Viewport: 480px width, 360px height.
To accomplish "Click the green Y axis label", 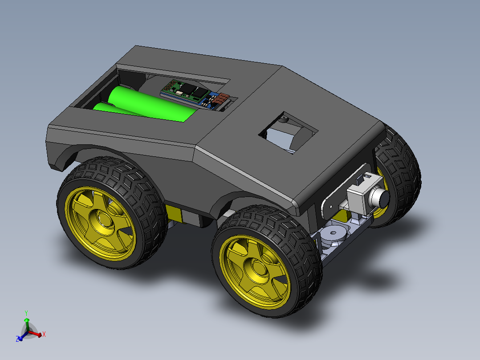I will (x=26, y=313).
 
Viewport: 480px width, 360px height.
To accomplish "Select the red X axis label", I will (x=44, y=334).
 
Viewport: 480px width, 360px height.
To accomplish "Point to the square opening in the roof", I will (x=288, y=132).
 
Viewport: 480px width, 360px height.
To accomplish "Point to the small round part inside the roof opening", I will (x=283, y=119).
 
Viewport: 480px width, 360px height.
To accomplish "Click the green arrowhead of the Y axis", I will (x=26, y=320).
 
